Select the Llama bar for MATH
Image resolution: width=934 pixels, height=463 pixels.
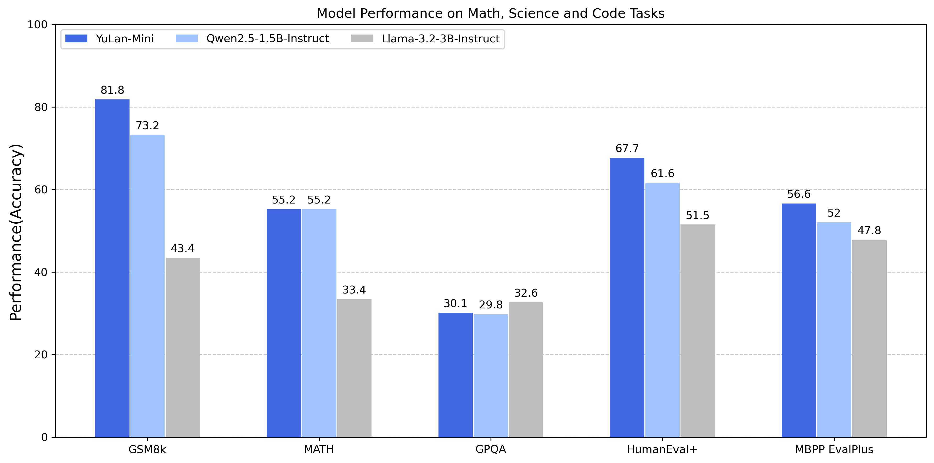[x=354, y=368]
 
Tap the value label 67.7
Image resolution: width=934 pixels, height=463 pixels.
[x=627, y=148]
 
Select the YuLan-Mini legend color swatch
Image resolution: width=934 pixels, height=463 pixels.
[x=76, y=38]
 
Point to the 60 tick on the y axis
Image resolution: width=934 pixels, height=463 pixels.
[x=41, y=190]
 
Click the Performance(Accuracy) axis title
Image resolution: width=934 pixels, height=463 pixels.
[x=16, y=232]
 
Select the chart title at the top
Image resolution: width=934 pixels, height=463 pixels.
[x=490, y=13]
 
